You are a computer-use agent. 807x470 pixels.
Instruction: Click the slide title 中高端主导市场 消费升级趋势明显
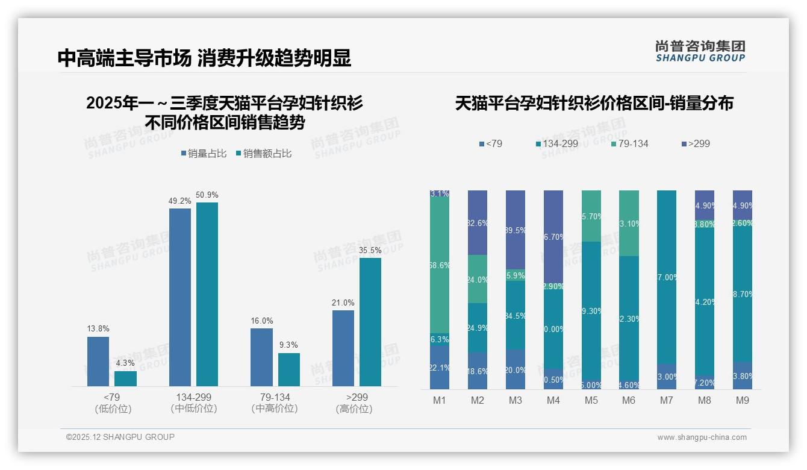pos(204,58)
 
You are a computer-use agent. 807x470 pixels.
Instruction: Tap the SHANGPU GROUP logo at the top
pos(700,51)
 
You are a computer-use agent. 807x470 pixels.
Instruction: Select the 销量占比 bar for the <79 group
pos(98,362)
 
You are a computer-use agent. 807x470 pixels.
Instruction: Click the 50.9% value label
pos(207,195)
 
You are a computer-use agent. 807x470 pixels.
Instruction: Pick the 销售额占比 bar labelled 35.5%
pos(370,322)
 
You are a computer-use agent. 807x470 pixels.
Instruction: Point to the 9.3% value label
pos(289,345)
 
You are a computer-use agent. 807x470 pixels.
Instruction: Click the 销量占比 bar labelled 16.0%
pos(261,357)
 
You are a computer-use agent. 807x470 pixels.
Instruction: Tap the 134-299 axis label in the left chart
pos(193,398)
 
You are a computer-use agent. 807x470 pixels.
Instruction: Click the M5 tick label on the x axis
pos(591,400)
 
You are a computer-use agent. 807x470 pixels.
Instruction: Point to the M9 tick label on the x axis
pos(743,400)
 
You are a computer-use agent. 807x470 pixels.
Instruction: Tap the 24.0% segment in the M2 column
pos(478,279)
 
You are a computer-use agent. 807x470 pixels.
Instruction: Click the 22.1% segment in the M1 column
pos(440,368)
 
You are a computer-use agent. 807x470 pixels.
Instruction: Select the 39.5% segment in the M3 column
pos(515,230)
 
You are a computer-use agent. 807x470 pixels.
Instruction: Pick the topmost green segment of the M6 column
pos(629,223)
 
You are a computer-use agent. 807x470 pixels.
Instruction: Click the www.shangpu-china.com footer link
pos(702,437)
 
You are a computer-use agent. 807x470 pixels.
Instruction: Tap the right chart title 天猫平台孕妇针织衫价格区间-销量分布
pos(594,104)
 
